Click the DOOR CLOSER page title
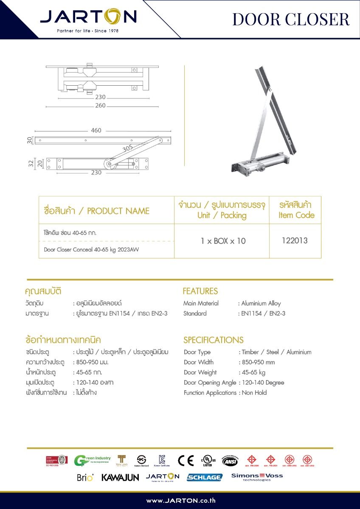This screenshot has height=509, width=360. pyautogui.click(x=291, y=20)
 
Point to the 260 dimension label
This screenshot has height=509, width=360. pyautogui.click(x=100, y=106)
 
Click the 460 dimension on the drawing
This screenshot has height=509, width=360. pyautogui.click(x=96, y=130)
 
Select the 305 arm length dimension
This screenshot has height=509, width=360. pyautogui.click(x=127, y=148)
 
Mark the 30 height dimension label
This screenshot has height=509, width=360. pyautogui.click(x=30, y=140)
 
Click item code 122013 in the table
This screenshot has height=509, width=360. pyautogui.click(x=295, y=241)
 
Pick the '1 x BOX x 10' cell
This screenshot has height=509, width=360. pyautogui.click(x=223, y=241)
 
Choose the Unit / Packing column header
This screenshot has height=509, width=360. pyautogui.click(x=222, y=215)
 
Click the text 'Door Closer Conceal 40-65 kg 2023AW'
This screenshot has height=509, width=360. pyautogui.click(x=91, y=249)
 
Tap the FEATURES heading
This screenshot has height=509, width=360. pyautogui.click(x=200, y=291)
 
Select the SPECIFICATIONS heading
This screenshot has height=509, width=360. pyautogui.click(x=214, y=340)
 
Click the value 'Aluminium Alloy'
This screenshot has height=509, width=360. pyautogui.click(x=261, y=303)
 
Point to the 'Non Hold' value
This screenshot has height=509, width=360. pyautogui.click(x=254, y=393)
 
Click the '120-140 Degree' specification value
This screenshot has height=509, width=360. pyautogui.click(x=263, y=383)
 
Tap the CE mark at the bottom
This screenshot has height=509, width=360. pyautogui.click(x=186, y=461)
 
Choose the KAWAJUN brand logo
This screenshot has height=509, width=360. pyautogui.click(x=120, y=477)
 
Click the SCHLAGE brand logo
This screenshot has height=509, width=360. pyautogui.click(x=205, y=477)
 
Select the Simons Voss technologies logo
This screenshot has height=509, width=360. pyautogui.click(x=257, y=477)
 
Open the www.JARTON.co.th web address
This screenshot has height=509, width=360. pyautogui.click(x=181, y=501)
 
